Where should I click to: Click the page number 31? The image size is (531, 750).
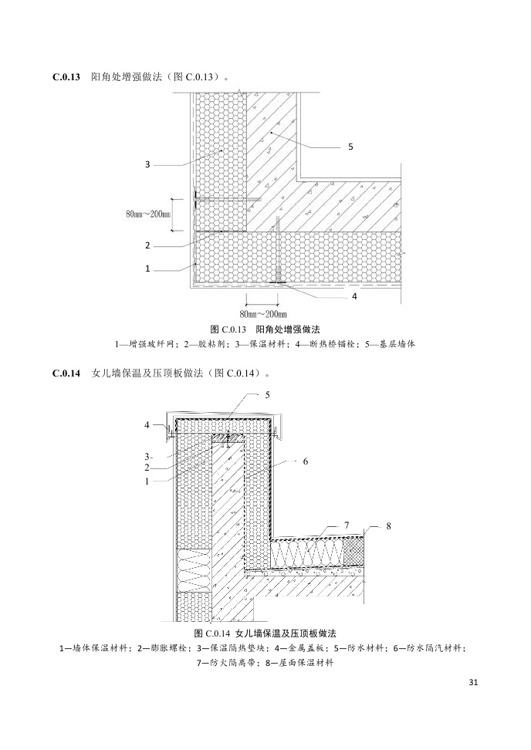(x=473, y=682)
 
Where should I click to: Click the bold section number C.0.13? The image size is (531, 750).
(x=66, y=77)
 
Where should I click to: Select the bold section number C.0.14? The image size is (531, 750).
(x=66, y=373)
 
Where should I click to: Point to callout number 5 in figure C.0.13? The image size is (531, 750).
(x=350, y=146)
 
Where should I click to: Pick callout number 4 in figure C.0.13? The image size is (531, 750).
(x=354, y=296)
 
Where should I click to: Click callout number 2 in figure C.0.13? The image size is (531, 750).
(x=147, y=245)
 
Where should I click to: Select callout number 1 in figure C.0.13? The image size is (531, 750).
(x=147, y=269)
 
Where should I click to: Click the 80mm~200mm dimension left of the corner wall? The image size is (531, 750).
(x=148, y=215)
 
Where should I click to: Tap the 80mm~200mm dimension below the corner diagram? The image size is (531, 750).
(x=262, y=314)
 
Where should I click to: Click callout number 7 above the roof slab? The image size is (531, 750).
(x=347, y=525)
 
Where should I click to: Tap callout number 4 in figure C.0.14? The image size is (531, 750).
(x=147, y=424)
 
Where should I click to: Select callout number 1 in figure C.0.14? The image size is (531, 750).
(x=147, y=480)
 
